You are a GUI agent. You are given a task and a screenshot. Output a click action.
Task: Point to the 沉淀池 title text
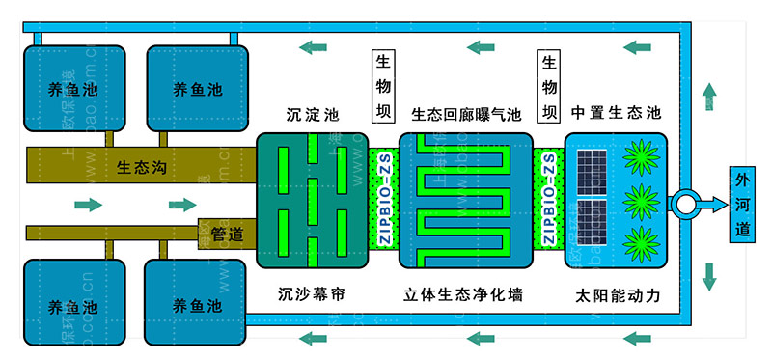(312, 113)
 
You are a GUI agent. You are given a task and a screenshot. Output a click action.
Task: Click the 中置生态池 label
(615, 113)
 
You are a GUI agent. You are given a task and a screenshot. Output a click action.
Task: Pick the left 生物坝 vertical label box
(383, 87)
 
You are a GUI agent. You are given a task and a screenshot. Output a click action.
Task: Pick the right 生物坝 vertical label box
(550, 87)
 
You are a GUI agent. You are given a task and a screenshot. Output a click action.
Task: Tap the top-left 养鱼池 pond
(72, 89)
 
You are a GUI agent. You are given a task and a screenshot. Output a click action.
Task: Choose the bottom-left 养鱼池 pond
(72, 304)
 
